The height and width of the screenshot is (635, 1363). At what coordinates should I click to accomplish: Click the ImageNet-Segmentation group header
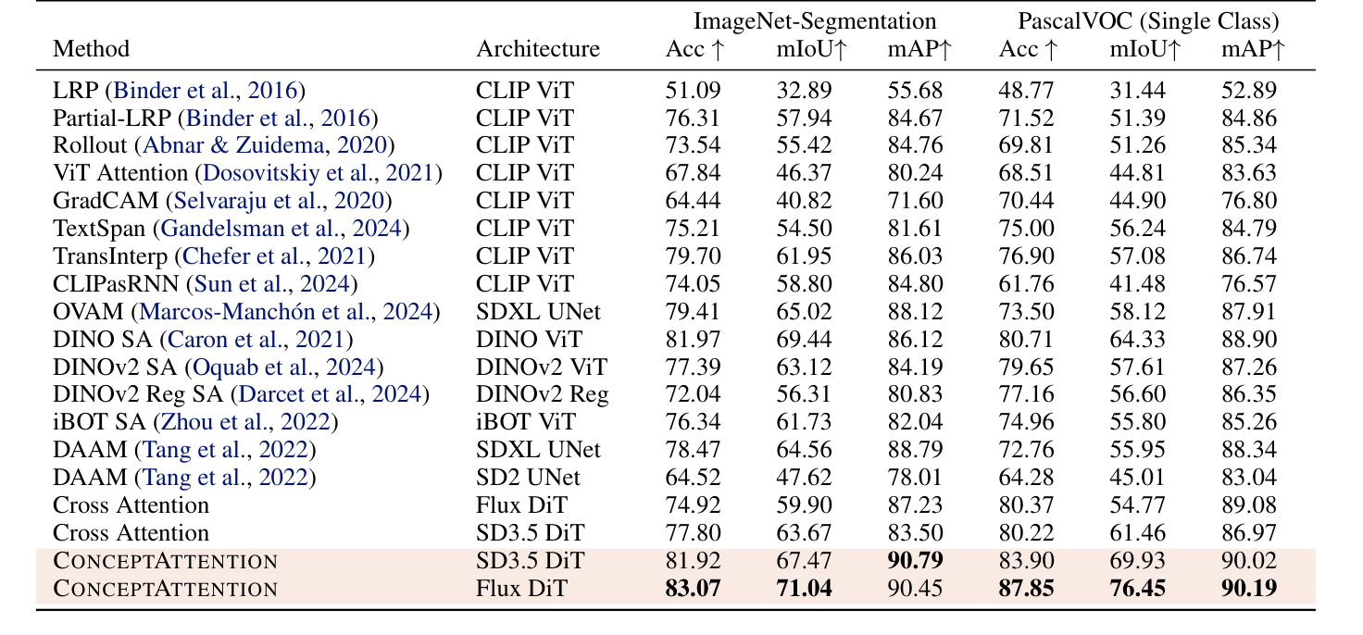803,20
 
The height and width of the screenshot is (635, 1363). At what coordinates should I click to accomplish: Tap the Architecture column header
538,49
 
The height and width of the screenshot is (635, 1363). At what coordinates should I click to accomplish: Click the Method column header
92,49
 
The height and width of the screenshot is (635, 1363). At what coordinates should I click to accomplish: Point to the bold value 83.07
693,588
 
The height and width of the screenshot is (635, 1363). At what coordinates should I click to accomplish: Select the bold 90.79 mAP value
915,560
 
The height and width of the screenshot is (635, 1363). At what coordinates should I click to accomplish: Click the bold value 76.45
1138,588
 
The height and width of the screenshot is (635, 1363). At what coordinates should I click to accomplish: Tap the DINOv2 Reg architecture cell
543,394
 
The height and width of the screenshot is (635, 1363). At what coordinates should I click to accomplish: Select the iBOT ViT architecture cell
526,422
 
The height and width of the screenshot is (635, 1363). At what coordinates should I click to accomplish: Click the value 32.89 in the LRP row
804,90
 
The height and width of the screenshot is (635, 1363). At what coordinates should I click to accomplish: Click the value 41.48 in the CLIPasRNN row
1138,284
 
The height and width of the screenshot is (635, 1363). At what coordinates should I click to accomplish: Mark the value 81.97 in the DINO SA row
693,339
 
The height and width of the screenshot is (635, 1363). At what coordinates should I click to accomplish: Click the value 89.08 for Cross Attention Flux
1249,505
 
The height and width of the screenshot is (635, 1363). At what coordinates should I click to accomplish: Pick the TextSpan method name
102,229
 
